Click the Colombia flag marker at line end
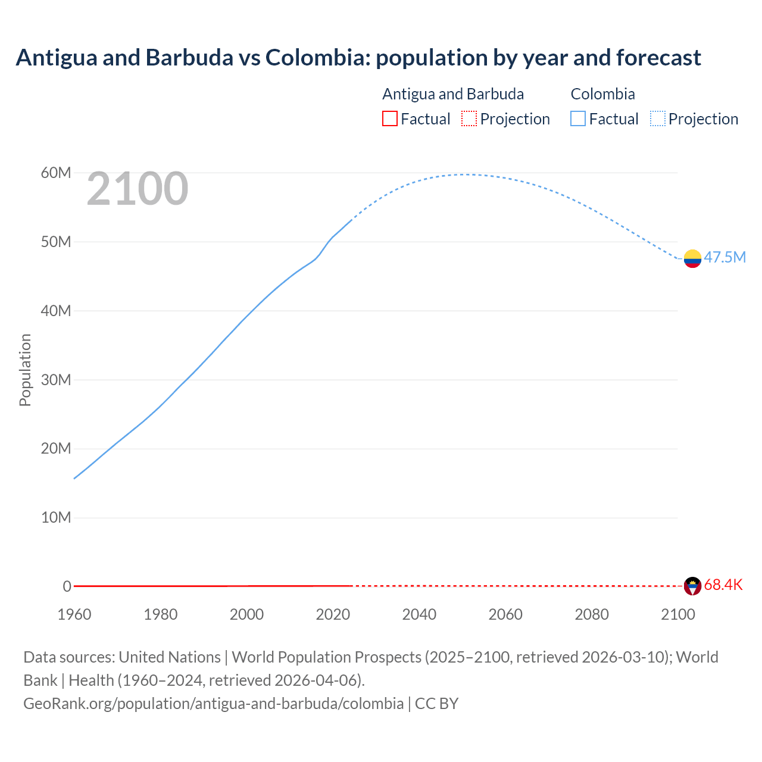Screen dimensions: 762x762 coord(692,258)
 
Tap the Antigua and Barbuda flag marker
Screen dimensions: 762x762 coord(692,586)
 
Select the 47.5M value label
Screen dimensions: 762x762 coord(724,257)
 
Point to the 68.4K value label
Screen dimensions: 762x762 coord(723,585)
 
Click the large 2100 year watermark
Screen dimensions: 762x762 coord(138,189)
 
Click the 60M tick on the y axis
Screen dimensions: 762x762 coord(56,173)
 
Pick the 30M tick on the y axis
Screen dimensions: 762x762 coord(56,380)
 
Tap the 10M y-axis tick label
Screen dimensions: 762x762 coord(56,517)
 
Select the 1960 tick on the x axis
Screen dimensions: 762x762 coord(74,614)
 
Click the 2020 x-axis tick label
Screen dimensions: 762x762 coord(333,614)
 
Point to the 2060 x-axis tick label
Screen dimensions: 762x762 coord(505,614)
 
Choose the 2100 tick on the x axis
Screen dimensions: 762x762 coord(678,614)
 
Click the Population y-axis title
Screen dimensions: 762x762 coord(25,370)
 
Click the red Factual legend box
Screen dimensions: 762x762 coord(389,118)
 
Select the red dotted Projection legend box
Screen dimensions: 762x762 coord(469,118)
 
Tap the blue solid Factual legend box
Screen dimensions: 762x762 coord(578,118)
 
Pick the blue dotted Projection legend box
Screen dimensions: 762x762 coord(658,118)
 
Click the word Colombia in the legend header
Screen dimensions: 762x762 coord(602,94)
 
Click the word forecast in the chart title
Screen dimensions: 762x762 coord(658,57)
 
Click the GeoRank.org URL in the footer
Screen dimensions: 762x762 coord(213,703)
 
